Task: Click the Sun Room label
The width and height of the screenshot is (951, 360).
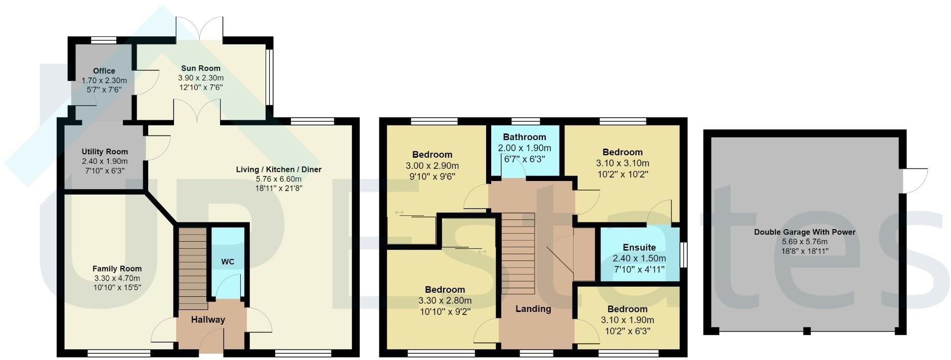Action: coord(201,68)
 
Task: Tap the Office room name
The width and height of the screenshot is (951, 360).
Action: coord(104,71)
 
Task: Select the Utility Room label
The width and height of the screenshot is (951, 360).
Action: coord(105,152)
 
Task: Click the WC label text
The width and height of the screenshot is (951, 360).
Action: coord(228,262)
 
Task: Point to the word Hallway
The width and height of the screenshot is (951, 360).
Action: coord(208,320)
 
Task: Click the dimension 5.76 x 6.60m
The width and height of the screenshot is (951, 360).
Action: coord(278,179)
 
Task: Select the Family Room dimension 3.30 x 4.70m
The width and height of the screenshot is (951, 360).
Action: coord(117,278)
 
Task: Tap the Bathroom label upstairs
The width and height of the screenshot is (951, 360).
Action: coord(524,137)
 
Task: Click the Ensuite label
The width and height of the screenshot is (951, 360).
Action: coord(639,247)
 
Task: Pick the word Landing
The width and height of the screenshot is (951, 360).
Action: coord(533,309)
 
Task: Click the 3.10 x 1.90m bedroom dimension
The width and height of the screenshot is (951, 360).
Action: coord(627,320)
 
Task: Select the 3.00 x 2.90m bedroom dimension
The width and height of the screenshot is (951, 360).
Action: coord(432,166)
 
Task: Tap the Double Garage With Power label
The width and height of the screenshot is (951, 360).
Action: coord(804,232)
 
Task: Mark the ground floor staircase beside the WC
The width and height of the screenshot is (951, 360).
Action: coord(193,268)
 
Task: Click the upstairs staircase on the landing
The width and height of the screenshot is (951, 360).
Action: coord(518,253)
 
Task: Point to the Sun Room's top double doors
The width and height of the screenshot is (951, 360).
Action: coord(199,28)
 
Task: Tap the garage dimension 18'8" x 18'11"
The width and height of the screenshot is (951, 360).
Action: coord(804,251)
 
